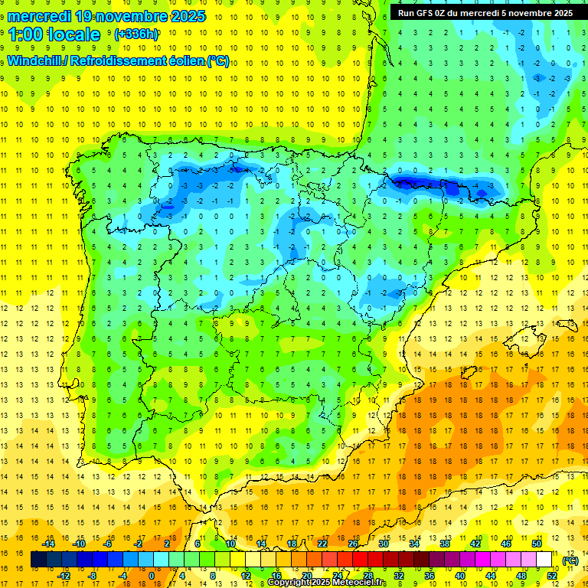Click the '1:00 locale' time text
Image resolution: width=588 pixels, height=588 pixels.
point(54,34)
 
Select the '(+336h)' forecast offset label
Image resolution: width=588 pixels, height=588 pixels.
point(136,34)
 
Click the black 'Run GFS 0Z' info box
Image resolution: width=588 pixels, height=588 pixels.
point(485,13)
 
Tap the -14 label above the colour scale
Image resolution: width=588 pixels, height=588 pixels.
point(48,544)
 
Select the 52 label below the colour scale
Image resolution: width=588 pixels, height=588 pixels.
point(552,576)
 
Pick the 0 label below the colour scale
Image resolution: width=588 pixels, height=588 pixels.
point(151,576)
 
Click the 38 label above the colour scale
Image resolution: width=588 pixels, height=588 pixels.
point(445,544)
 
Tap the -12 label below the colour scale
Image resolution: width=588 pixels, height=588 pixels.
point(64,576)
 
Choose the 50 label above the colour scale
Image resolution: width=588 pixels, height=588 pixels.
point(537,544)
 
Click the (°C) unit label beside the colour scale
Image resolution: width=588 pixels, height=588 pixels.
point(570,560)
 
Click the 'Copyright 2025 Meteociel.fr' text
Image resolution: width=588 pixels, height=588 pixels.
point(327,583)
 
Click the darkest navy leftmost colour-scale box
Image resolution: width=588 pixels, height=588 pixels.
point(38,560)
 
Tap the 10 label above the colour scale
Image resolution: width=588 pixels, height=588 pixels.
point(230,544)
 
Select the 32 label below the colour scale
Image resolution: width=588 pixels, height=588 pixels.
point(399,576)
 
